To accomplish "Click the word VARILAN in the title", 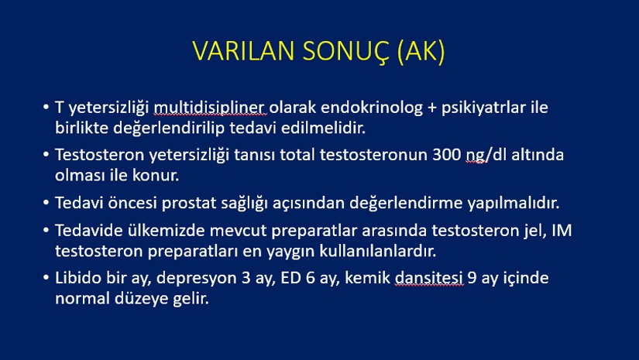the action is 243,51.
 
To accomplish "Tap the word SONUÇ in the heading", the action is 346,52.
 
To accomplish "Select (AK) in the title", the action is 421,52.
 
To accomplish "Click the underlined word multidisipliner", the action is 210,108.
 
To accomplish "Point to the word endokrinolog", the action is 372,108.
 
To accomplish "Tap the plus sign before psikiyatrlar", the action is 431,108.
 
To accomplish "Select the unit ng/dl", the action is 486,156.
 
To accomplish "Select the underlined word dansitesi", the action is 429,278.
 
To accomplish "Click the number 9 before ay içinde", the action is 472,278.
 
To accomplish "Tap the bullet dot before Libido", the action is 46,278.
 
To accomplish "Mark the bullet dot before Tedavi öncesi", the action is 46,203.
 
